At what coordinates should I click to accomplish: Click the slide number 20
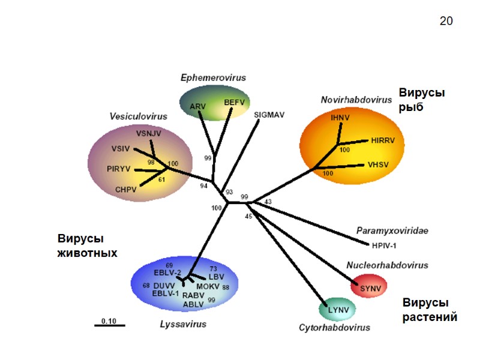446,22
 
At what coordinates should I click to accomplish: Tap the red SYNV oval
367,287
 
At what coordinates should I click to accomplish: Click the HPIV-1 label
384,245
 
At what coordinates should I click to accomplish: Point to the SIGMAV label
268,113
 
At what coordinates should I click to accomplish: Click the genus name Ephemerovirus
213,77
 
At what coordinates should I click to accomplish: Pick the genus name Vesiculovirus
138,116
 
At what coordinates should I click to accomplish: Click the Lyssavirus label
183,324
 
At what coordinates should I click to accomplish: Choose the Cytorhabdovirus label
334,328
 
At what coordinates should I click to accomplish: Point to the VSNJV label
149,133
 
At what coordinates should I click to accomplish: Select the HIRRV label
385,140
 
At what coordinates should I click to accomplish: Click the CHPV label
126,189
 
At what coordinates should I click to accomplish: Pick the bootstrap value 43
268,202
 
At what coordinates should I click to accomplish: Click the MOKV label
208,286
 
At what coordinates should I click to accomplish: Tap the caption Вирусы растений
429,310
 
